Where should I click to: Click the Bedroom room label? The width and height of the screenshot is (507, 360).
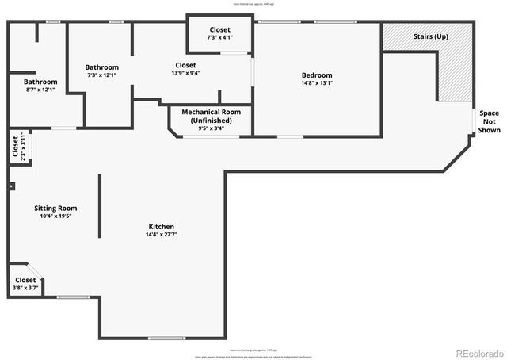point(317,75)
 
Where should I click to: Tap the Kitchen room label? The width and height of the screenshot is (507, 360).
point(161,227)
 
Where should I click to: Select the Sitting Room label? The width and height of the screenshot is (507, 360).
point(55,208)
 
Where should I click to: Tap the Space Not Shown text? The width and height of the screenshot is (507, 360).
point(489,121)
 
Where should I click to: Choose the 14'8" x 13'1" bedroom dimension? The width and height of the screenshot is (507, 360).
point(317,82)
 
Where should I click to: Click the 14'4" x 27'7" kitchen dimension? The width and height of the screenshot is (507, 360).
point(161,235)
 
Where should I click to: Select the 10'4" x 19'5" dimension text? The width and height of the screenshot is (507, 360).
point(55,216)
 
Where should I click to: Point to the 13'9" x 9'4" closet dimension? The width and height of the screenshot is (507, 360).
point(185,73)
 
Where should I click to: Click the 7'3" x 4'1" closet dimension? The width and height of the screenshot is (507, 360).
point(219,37)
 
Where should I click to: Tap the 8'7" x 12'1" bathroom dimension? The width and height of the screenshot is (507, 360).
point(40,90)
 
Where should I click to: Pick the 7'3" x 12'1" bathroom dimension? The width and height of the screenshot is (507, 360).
point(102,75)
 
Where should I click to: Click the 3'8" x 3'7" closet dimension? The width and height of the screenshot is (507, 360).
point(25,288)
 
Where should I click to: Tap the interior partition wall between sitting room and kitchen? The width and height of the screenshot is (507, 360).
point(100,206)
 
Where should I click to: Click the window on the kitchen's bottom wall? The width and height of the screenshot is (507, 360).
point(166,339)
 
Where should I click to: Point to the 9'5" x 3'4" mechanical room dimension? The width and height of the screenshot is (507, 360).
point(211,128)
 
